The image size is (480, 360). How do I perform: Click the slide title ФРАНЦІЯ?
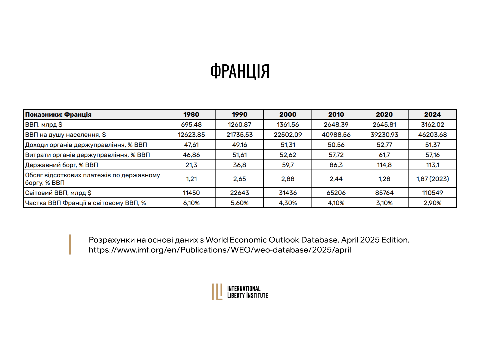click(x=240, y=71)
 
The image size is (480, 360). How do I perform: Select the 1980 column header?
click(x=191, y=114)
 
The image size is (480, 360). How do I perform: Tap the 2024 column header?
click(x=432, y=114)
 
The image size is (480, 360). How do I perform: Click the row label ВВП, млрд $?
click(x=44, y=125)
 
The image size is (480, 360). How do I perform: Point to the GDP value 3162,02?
click(x=432, y=125)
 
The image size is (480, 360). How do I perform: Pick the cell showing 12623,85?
click(x=191, y=135)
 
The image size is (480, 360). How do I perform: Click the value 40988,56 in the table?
click(x=336, y=135)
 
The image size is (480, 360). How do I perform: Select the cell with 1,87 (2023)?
click(x=432, y=179)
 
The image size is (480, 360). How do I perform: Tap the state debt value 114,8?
click(x=384, y=165)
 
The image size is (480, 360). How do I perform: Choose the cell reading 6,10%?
click(x=191, y=203)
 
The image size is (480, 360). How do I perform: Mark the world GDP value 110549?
click(x=432, y=193)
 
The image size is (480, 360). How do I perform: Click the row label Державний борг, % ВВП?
click(x=62, y=165)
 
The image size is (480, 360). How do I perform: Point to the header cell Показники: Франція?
click(x=58, y=114)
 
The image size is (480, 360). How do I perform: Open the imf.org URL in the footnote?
click(x=220, y=250)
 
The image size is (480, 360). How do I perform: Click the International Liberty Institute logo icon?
click(x=217, y=292)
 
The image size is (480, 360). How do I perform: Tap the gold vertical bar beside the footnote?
click(x=70, y=244)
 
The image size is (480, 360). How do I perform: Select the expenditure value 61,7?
click(x=384, y=155)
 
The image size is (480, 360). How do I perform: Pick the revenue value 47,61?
click(x=191, y=145)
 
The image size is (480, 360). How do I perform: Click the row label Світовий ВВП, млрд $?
click(x=58, y=193)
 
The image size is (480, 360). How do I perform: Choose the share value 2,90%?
click(x=432, y=203)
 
